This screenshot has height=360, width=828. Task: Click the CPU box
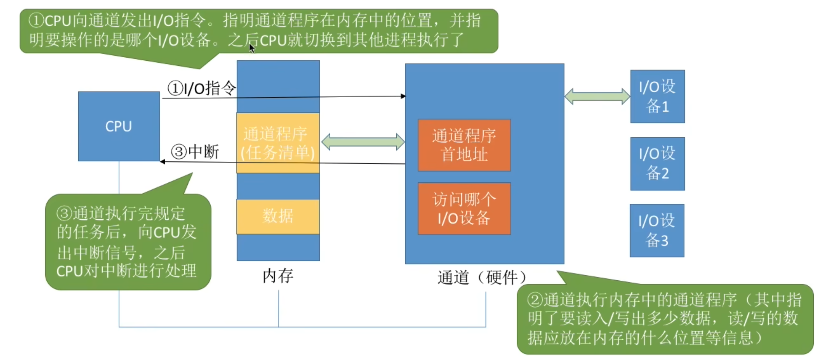click(119, 126)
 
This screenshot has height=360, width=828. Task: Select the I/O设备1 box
click(657, 96)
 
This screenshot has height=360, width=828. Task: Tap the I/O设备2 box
click(657, 163)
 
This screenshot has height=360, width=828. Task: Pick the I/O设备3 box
click(657, 231)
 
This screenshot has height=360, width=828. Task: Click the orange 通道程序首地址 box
click(464, 145)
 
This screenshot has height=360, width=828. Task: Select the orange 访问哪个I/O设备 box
click(464, 208)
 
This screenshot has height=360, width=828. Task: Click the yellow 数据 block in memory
click(278, 216)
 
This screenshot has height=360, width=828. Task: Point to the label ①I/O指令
click(202, 88)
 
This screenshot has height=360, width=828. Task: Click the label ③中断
click(195, 152)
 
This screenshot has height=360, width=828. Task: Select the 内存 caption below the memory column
click(278, 276)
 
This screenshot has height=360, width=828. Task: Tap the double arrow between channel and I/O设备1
click(597, 97)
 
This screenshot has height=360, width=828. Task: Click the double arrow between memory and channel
click(363, 142)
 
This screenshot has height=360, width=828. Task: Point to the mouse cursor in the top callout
click(251, 48)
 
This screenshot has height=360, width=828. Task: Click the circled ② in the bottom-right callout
click(535, 300)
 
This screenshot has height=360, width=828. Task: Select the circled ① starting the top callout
click(36, 20)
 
